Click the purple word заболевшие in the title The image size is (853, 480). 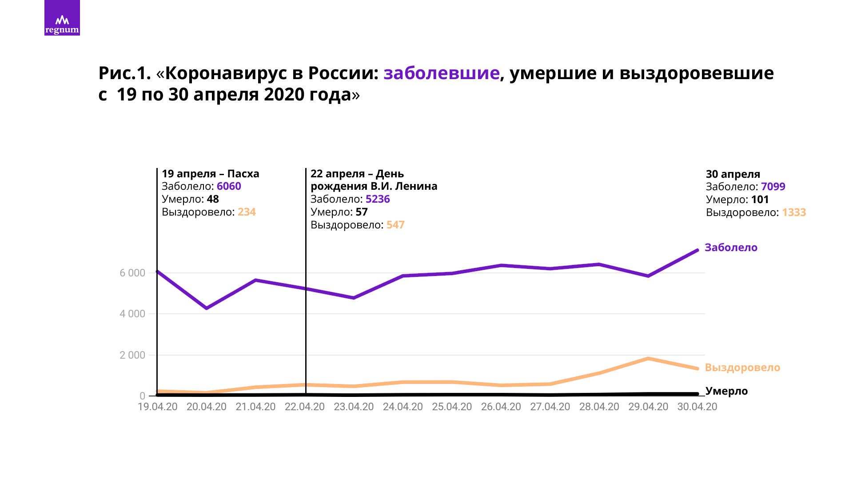[x=441, y=73]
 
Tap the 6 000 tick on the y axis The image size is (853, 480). [x=132, y=273]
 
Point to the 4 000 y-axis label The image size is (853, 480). [x=132, y=314]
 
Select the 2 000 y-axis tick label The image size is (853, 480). [x=132, y=355]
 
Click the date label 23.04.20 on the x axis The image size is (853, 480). [x=354, y=407]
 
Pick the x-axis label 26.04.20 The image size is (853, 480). [x=501, y=407]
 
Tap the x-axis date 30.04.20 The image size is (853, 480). [x=697, y=407]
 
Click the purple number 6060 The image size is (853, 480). [x=229, y=186]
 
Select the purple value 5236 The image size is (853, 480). [x=378, y=199]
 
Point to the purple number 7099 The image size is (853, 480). [x=773, y=187]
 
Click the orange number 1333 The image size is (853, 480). [x=794, y=212]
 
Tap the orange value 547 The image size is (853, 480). [x=395, y=225]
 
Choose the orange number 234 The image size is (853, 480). [x=247, y=212]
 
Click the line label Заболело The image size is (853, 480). [x=731, y=248]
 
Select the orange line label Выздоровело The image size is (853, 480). [x=742, y=368]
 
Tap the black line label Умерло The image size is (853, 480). [x=726, y=391]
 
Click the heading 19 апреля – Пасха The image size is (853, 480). [x=210, y=174]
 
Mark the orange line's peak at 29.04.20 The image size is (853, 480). [x=648, y=359]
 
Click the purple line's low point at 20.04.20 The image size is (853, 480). [x=207, y=308]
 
